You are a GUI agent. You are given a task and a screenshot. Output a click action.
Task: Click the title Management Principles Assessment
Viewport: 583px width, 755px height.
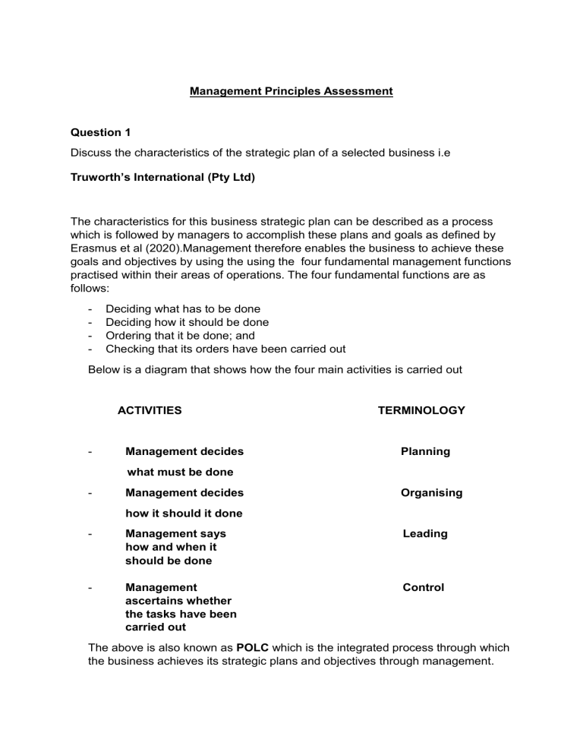pyautogui.click(x=291, y=91)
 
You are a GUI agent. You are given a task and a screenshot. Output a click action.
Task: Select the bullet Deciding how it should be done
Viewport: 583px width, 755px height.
pyautogui.click(x=187, y=321)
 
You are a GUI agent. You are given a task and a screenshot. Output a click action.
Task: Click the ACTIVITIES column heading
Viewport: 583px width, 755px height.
pyautogui.click(x=150, y=410)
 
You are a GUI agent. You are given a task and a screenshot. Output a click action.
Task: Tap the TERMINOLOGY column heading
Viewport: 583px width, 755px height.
pyautogui.click(x=421, y=410)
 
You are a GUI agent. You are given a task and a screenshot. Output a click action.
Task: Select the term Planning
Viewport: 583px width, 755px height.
pyautogui.click(x=425, y=451)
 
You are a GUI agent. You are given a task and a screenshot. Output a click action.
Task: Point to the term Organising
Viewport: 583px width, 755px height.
pyautogui.click(x=431, y=493)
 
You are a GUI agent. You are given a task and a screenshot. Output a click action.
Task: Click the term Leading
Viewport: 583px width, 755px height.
pyautogui.click(x=425, y=534)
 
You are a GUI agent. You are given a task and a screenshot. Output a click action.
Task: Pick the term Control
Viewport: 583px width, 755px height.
pyautogui.click(x=424, y=587)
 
